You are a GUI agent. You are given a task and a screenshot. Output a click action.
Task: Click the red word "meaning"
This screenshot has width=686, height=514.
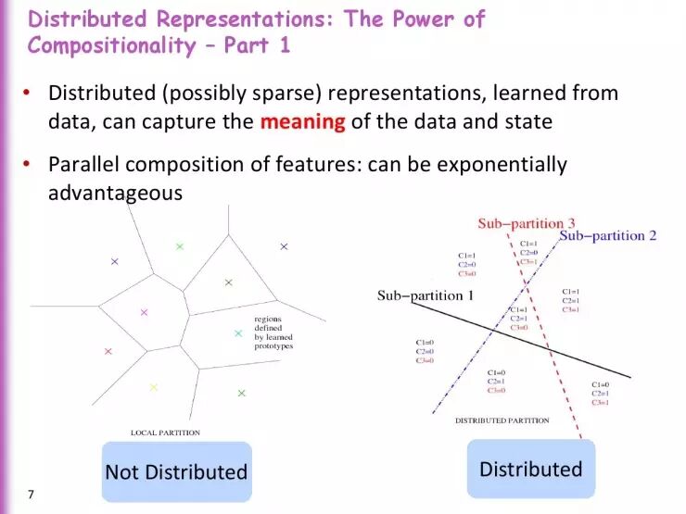tap(302, 121)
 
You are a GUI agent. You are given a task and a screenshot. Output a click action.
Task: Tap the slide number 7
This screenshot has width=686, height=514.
tap(31, 495)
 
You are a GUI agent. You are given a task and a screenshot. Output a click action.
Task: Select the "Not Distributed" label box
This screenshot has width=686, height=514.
tap(176, 472)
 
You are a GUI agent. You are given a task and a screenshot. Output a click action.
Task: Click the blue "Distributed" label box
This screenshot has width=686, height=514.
tap(530, 469)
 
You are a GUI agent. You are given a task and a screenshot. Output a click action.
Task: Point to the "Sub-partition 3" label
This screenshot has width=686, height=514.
tap(527, 223)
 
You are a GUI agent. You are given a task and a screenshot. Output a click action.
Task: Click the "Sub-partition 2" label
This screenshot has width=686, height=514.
tap(608, 235)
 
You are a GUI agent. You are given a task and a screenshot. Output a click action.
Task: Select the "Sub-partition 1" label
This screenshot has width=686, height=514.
tap(426, 295)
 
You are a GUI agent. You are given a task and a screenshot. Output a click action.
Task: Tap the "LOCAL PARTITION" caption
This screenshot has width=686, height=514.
tap(165, 433)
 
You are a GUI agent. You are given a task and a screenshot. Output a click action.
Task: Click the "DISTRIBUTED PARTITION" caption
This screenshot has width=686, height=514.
tap(502, 420)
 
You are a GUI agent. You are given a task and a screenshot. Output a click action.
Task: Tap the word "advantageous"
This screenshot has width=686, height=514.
tap(115, 193)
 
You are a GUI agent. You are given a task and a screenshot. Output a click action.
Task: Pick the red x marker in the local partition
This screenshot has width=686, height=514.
tap(108, 351)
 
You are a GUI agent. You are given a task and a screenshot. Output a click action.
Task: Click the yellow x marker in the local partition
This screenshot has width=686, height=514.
tap(154, 386)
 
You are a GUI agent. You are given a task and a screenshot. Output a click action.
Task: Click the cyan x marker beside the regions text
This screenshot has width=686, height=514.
tap(238, 333)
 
